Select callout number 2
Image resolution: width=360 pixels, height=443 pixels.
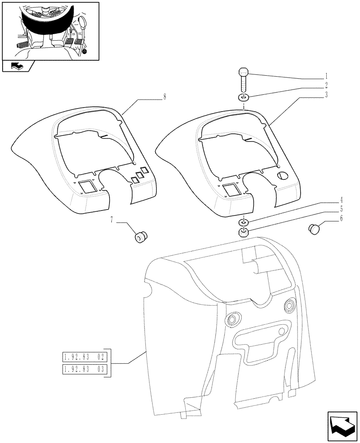(x=326, y=85)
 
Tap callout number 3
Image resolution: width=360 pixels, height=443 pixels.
(x=326, y=94)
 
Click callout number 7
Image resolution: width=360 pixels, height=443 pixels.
(x=112, y=219)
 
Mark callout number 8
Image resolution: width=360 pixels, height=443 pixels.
(x=165, y=97)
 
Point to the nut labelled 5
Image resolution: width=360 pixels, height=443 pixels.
(x=243, y=233)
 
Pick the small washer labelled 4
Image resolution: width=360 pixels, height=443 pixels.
(x=243, y=222)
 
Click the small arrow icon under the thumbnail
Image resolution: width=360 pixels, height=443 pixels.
(x=16, y=66)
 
